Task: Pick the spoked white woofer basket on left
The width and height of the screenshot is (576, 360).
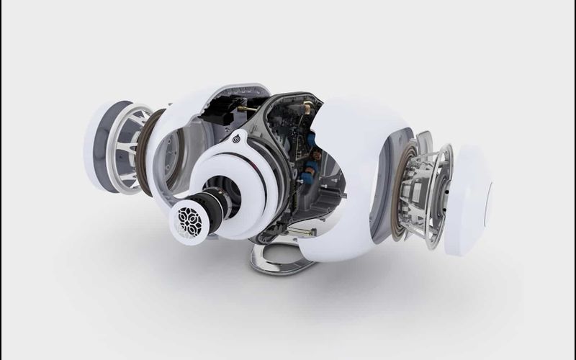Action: pos(130,148)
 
